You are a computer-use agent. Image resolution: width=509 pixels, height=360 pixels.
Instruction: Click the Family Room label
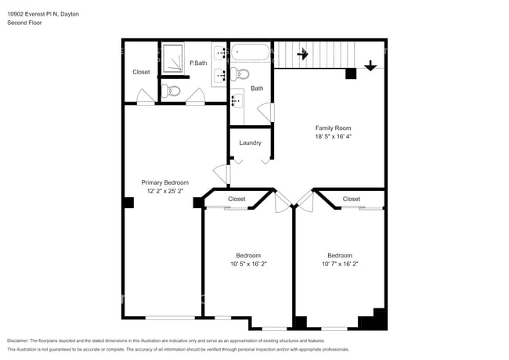[x=333, y=128]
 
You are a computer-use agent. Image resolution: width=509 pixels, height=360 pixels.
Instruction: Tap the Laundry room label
[x=250, y=142]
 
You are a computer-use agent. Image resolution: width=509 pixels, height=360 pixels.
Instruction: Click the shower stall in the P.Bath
[x=173, y=58]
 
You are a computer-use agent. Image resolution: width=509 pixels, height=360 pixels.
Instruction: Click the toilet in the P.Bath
[x=173, y=92]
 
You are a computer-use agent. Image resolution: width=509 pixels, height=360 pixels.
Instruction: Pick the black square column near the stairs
[x=351, y=74]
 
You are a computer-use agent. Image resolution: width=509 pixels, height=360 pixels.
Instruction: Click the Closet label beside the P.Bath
[x=141, y=72]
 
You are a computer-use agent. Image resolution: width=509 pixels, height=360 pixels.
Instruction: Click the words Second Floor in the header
[x=25, y=23]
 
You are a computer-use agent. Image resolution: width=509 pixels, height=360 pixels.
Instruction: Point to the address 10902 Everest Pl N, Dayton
[x=43, y=14]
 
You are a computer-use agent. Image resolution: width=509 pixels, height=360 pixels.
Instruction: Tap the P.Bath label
[x=197, y=63]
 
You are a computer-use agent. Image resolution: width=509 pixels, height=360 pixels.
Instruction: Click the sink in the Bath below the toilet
[x=236, y=102]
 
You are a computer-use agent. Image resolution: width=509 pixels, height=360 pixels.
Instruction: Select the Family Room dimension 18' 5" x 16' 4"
[x=333, y=136]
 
